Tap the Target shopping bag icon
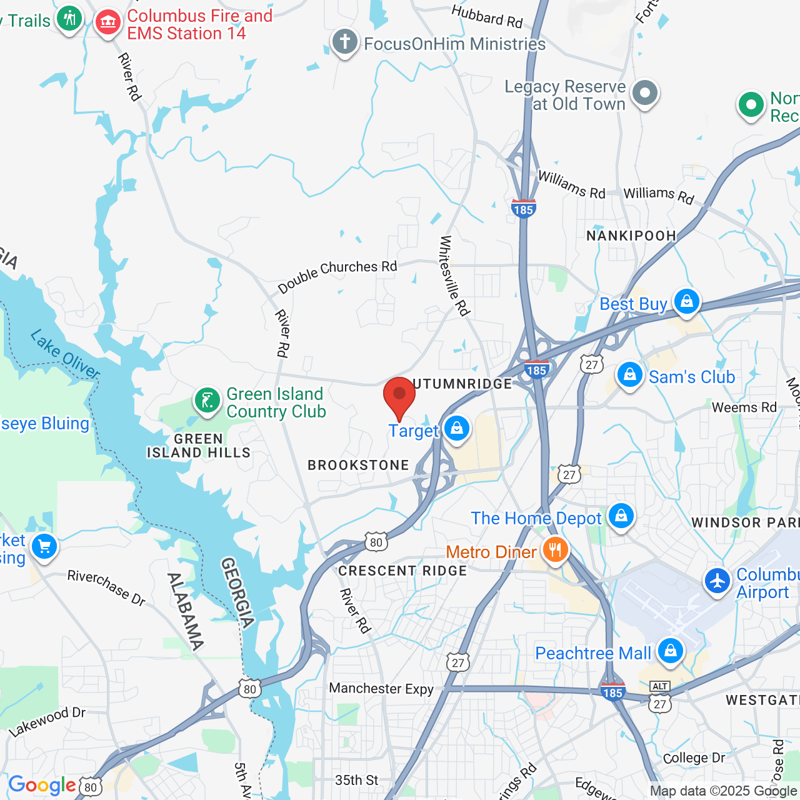pos(457,429)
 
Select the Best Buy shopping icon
pos(686,302)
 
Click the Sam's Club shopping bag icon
pos(629,375)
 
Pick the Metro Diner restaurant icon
pos(554,551)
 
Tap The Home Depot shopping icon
pos(621,516)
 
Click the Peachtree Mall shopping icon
pos(670,651)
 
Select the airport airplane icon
pos(717,581)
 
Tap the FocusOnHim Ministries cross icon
pos(344,42)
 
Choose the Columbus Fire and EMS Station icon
pos(107,23)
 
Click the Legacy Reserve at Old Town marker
pos(645,94)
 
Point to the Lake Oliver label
pos(65,354)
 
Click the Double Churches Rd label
pos(337,276)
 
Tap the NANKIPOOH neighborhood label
pos(631,236)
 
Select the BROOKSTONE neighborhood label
pos(358,465)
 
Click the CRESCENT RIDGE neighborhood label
pos(402,571)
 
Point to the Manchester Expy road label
pos(381,688)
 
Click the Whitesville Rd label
pos(454,276)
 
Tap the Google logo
pos(42,785)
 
